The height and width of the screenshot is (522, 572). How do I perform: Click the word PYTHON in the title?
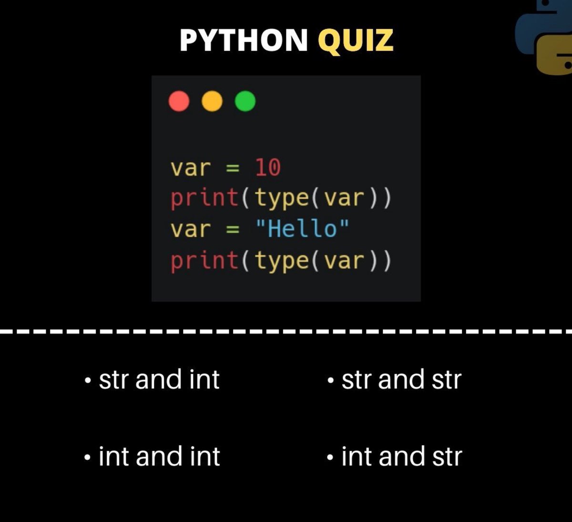click(244, 40)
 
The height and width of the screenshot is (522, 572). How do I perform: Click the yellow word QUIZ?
click(356, 40)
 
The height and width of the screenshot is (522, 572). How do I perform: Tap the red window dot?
click(179, 101)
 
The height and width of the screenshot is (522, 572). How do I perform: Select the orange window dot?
click(212, 101)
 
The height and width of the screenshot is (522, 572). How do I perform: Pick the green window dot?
click(245, 101)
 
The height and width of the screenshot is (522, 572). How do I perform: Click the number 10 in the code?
click(268, 168)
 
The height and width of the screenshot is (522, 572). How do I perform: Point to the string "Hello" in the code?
click(302, 229)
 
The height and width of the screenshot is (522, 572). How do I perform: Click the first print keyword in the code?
click(204, 198)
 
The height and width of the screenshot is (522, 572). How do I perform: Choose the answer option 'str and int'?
click(159, 380)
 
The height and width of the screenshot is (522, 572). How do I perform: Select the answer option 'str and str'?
click(401, 380)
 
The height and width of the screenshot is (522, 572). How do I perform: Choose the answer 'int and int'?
click(159, 456)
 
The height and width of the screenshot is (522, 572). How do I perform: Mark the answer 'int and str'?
click(401, 456)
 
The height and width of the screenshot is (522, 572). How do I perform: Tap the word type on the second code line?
click(282, 198)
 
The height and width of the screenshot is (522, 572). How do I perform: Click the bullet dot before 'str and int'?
click(87, 381)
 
